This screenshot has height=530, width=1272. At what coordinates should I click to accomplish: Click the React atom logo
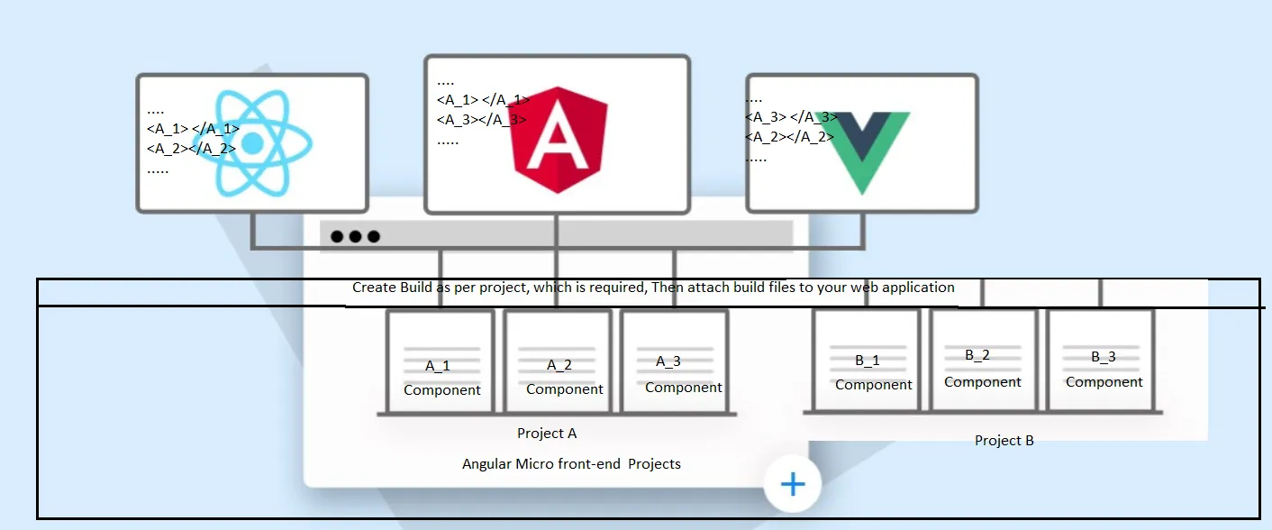point(253,142)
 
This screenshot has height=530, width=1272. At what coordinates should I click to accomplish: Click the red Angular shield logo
point(559,140)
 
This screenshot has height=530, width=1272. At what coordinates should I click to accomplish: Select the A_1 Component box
point(441,361)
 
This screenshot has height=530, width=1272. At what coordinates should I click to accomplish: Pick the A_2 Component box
point(558,361)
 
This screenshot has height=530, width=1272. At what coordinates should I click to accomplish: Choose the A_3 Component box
point(675,361)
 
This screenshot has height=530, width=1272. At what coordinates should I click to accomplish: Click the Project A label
point(547,434)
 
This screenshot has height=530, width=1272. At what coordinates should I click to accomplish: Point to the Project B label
point(1004,441)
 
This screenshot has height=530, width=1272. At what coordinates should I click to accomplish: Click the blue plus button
point(793,485)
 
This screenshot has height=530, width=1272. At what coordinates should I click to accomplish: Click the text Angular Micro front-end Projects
point(571,464)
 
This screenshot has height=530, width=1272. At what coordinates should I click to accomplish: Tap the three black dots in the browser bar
point(355,237)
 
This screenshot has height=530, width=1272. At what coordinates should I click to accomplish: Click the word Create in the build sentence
point(373,288)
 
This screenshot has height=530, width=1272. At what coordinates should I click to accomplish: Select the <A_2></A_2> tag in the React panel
point(191,149)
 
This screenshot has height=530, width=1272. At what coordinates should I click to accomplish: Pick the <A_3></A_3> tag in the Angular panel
point(481,119)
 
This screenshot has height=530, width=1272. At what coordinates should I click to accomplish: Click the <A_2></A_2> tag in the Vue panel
point(789,137)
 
